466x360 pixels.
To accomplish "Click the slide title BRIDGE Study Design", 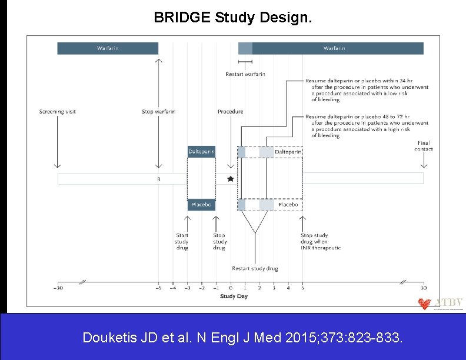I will click(233, 17).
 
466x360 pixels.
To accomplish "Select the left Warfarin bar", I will click(108, 48).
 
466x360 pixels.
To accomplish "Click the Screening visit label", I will click(58, 112).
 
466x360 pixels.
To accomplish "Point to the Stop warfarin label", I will click(158, 112).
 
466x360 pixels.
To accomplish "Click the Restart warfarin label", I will click(245, 74).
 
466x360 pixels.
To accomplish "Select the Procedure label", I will click(230, 112).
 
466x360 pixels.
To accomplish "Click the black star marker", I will click(230, 178).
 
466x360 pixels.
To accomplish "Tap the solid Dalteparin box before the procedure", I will click(201, 152).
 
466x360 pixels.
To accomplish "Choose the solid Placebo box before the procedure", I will click(201, 205).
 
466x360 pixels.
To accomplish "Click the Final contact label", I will click(423, 146).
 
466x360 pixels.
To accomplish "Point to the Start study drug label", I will click(182, 242).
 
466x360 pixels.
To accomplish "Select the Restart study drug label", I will click(255, 269).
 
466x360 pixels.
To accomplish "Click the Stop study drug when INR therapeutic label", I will click(320, 242).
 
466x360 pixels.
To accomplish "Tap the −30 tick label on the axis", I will click(58, 288).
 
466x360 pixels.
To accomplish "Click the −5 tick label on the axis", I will click(158, 288).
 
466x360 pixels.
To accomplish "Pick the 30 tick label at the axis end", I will click(423, 288).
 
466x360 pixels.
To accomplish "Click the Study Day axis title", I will click(234, 296).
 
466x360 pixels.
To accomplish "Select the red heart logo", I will click(424, 304).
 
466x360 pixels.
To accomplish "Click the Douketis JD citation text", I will click(243, 338).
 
